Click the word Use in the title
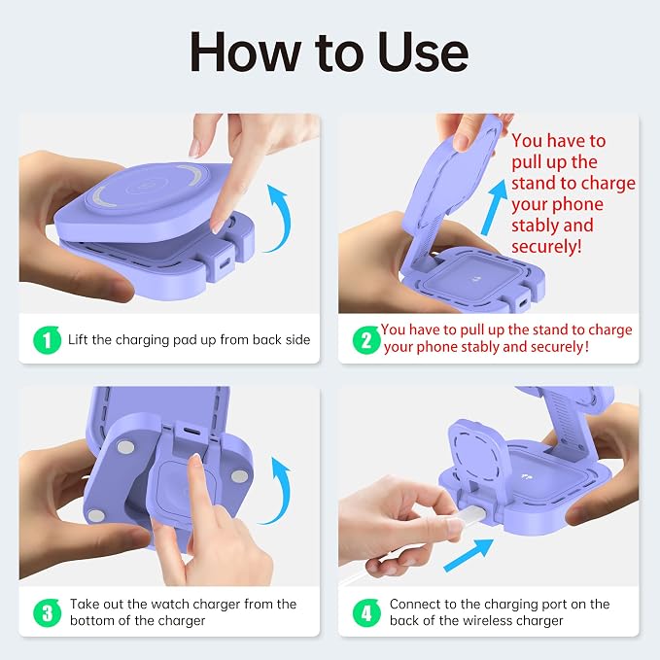423,52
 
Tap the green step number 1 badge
47,339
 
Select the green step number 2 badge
366,339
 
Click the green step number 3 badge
47,612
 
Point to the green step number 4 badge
366,612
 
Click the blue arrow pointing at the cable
469,555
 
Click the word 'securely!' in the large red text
546,247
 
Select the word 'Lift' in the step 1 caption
79,339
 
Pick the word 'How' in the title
245,52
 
